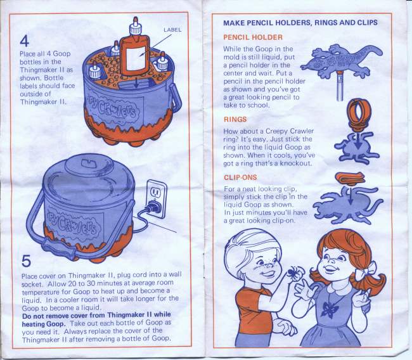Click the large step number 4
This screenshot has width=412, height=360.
(25, 41)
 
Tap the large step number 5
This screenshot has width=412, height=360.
(26, 260)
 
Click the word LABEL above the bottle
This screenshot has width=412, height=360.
(172, 30)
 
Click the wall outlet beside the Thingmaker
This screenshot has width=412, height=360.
(157, 196)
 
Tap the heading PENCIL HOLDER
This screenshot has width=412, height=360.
(253, 37)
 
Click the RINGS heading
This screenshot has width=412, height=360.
(235, 119)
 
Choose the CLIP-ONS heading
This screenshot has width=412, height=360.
(240, 177)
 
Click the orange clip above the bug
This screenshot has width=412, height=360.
(350, 178)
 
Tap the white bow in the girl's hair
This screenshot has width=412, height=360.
(366, 271)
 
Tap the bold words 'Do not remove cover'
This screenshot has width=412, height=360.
(55, 316)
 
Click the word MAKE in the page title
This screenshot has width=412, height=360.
(234, 23)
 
